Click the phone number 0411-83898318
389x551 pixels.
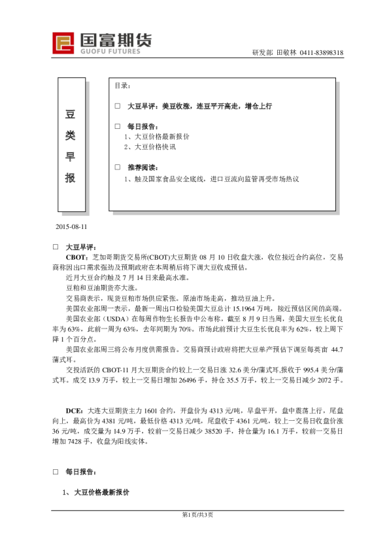[321, 53]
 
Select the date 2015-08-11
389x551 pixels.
[71, 226]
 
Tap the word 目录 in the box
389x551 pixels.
[122, 86]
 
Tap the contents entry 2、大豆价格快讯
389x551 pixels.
[150, 147]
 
